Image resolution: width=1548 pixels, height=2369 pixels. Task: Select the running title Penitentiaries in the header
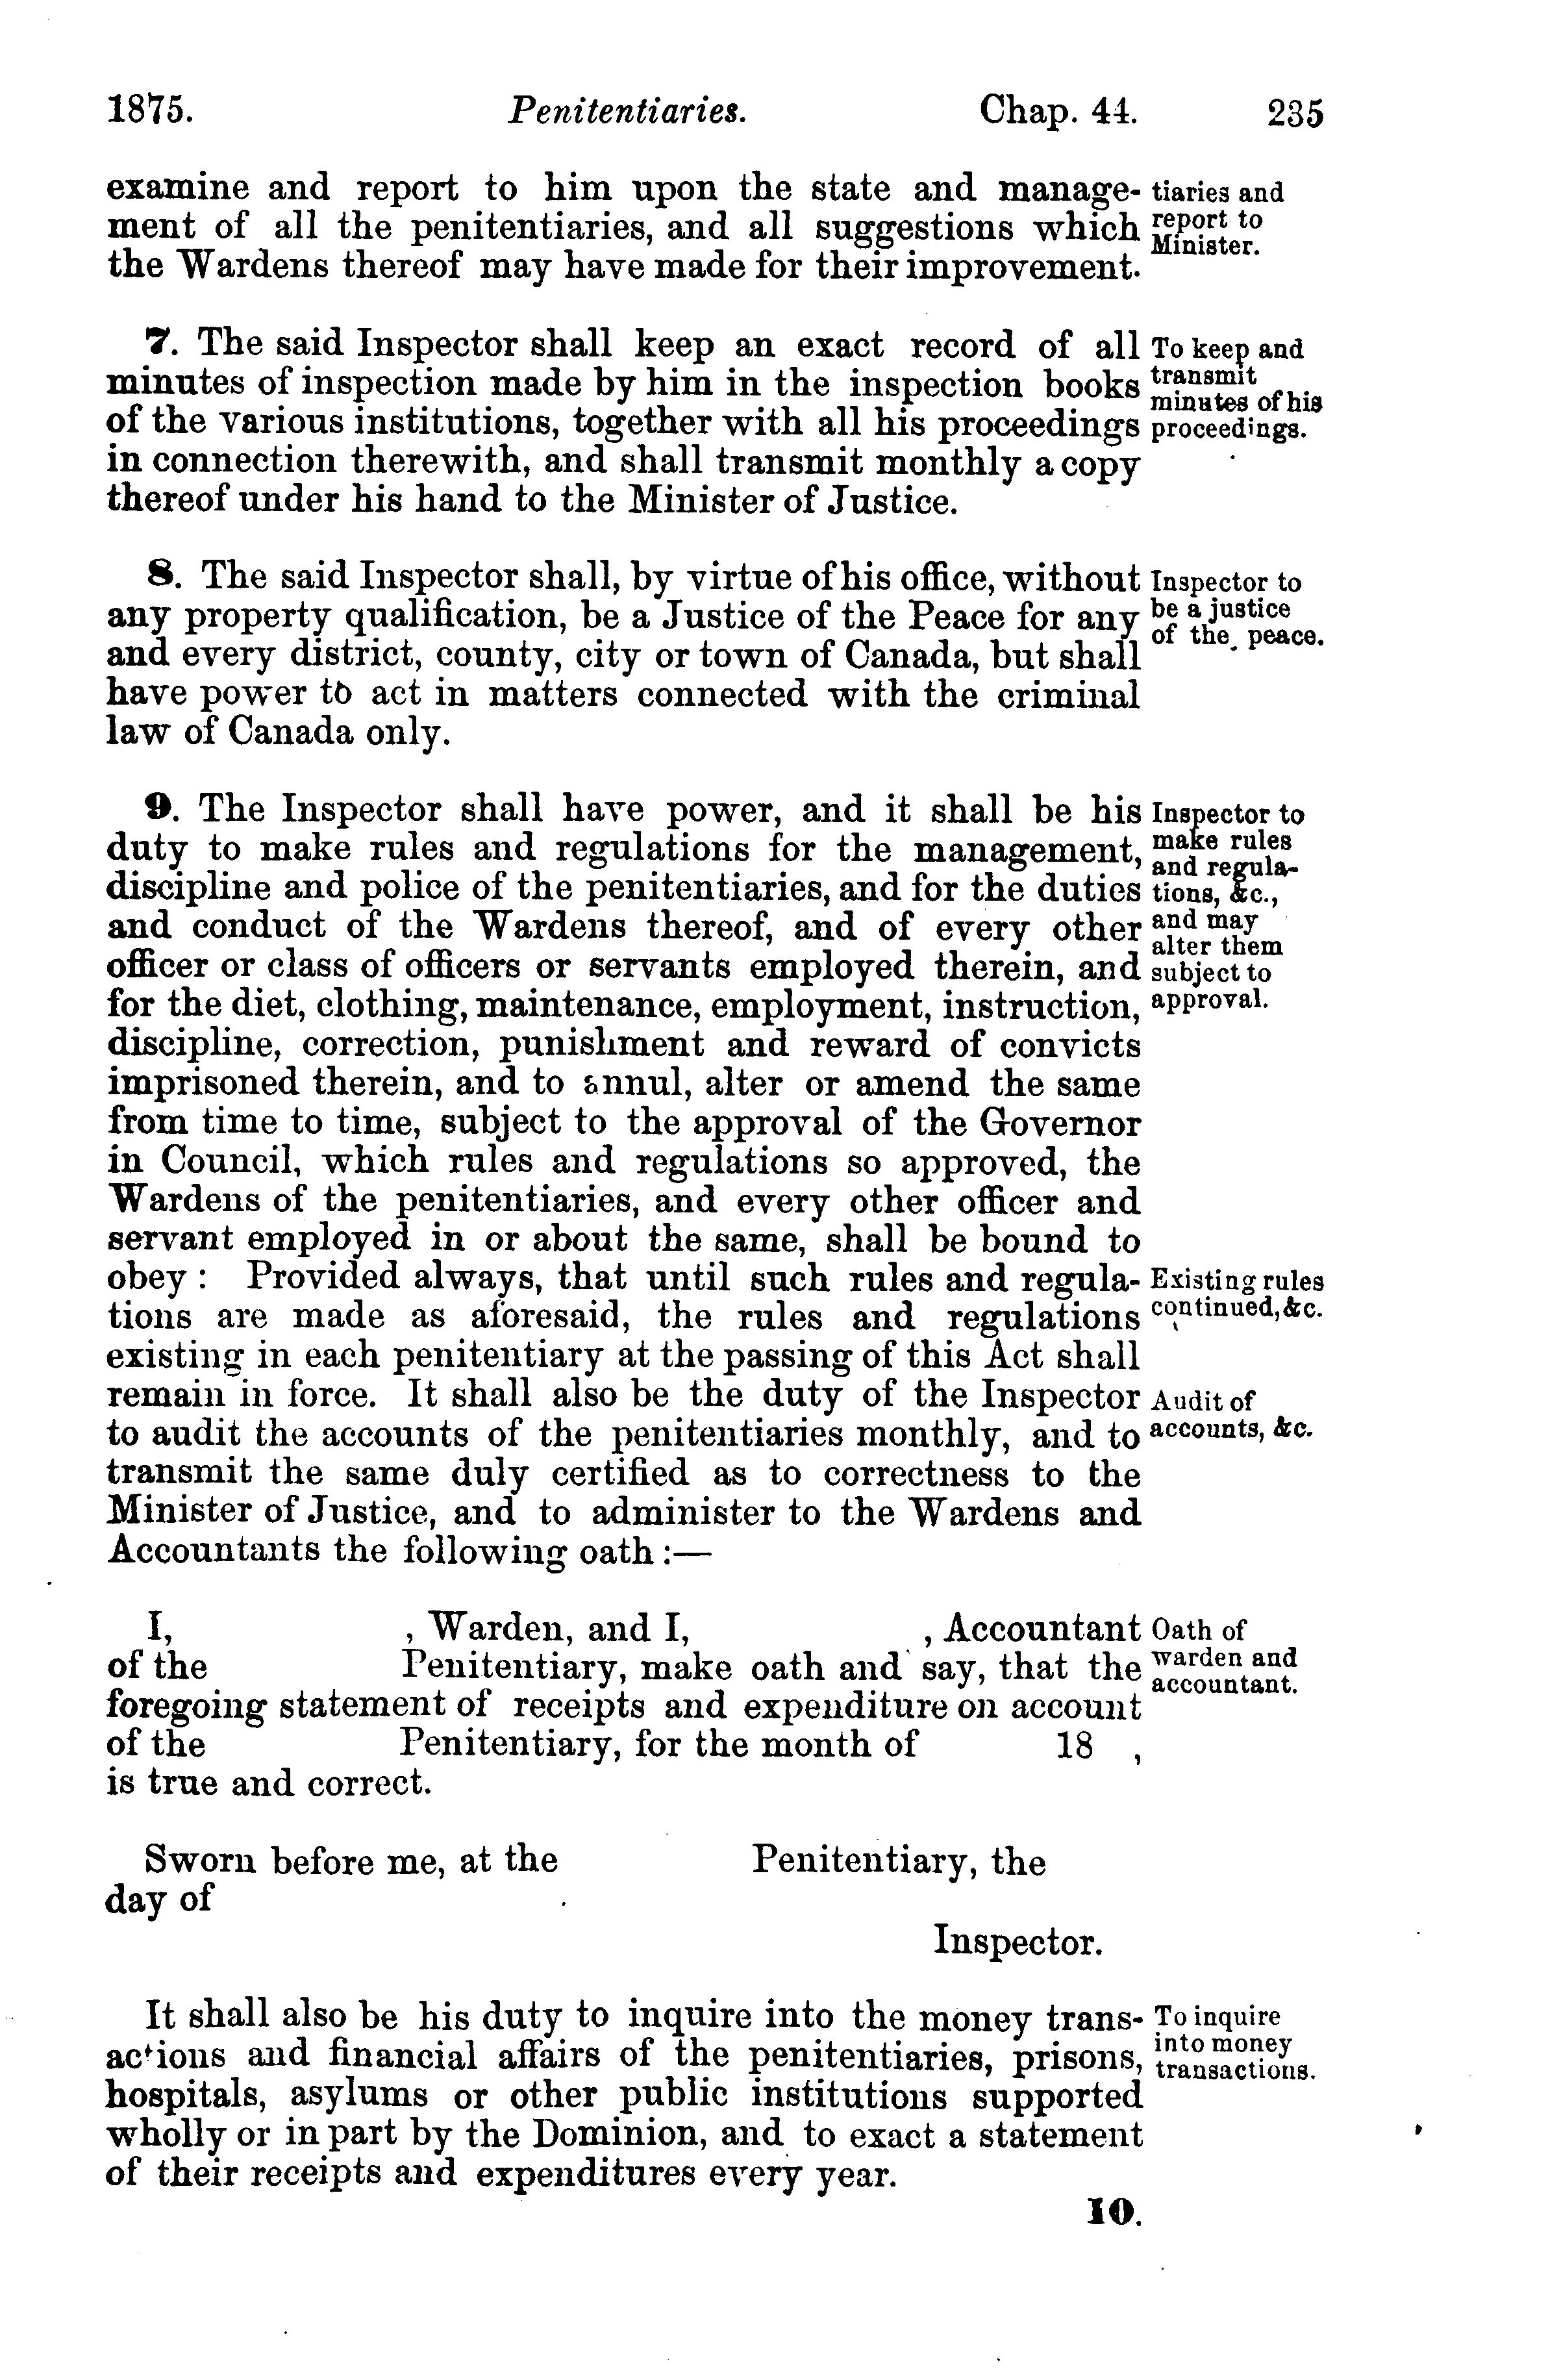point(627,110)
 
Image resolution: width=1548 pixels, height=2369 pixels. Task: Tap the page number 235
point(1295,112)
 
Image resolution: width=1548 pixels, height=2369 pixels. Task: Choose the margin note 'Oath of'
point(1197,1631)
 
